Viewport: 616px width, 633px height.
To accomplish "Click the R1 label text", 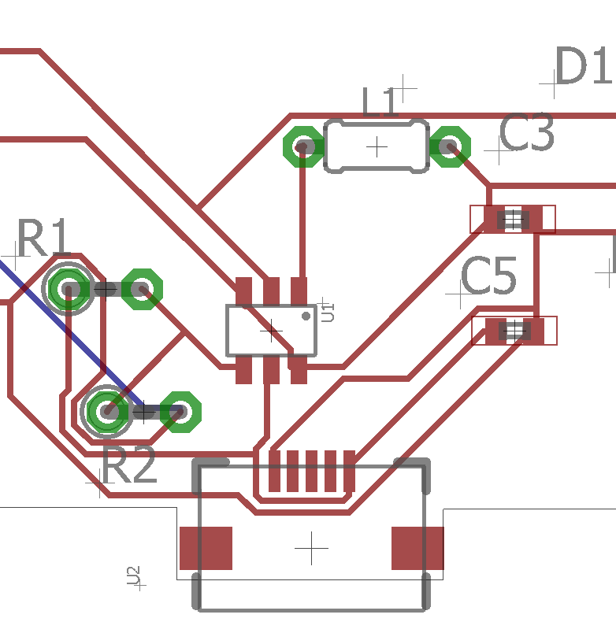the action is tap(44, 238).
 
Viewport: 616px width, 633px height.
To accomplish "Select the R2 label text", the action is tap(129, 465).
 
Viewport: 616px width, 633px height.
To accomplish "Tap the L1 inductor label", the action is tap(380, 102).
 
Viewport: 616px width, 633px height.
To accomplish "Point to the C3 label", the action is tap(527, 132).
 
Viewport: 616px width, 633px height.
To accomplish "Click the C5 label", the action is tap(488, 276).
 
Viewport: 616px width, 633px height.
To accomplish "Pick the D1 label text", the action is tap(584, 65).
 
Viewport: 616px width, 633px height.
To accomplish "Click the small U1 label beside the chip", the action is tap(328, 313).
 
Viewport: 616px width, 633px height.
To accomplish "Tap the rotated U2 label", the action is tap(134, 576).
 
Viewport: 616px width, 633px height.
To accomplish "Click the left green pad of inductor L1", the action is tap(303, 146).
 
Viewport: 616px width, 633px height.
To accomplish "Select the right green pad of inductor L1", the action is tap(450, 146).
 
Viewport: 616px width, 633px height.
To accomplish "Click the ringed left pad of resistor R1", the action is tap(69, 289).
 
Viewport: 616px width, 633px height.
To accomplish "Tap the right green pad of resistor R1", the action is tap(143, 289).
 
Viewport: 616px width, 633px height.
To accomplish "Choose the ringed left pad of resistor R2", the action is tap(107, 412).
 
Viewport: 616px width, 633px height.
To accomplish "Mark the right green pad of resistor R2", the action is tap(180, 412).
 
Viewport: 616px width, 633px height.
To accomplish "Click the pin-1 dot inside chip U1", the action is tap(306, 316).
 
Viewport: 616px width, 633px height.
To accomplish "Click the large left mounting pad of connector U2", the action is tap(206, 548).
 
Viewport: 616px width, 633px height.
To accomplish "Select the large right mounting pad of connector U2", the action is tap(417, 548).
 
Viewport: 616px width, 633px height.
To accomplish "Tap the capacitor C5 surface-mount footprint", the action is tap(514, 331).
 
